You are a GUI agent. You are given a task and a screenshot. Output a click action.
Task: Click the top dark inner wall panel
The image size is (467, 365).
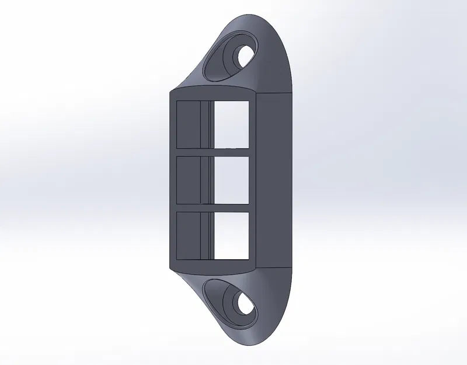coord(188,124)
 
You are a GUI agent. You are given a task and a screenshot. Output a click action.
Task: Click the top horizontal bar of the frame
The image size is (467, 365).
coord(213,95)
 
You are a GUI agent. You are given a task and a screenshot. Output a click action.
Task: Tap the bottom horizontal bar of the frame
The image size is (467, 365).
coord(213,266)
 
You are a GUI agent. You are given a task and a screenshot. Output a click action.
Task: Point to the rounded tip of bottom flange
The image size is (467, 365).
coord(251,341)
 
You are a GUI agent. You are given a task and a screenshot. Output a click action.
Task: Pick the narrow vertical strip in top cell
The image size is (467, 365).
coord(205,124)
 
